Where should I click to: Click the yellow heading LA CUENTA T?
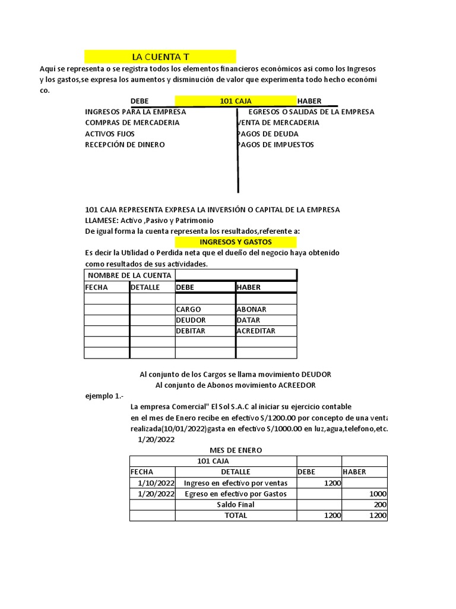[160, 57]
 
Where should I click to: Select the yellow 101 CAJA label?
[236, 101]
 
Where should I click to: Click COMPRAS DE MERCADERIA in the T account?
[132, 123]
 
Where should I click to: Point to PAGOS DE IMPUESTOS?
[275, 145]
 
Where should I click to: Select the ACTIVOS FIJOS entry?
[110, 134]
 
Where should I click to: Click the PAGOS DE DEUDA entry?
[268, 134]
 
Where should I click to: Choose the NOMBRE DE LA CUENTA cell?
[129, 275]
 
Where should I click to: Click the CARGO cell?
[189, 309]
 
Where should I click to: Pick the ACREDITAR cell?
[256, 331]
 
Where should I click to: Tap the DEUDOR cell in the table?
[191, 321]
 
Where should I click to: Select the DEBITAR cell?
[191, 331]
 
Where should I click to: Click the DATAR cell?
[248, 321]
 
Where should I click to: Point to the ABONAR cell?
[252, 309]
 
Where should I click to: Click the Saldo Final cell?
[236, 505]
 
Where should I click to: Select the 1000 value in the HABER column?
[378, 494]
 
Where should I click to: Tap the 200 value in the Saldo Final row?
[380, 505]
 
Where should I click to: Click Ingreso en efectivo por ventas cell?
[236, 483]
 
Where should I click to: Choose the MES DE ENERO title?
[236, 450]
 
